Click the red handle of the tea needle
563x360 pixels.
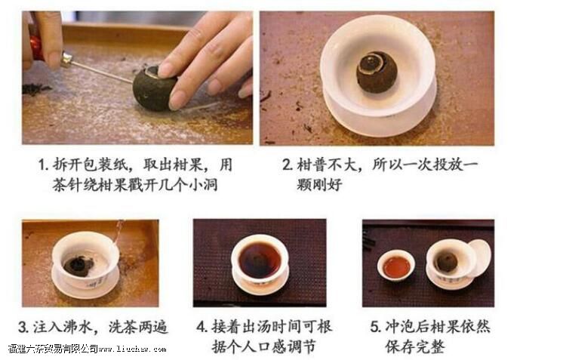tap(35, 48)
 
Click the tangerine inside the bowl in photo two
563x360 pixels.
tap(377, 72)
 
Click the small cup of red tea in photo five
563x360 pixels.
tap(397, 266)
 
